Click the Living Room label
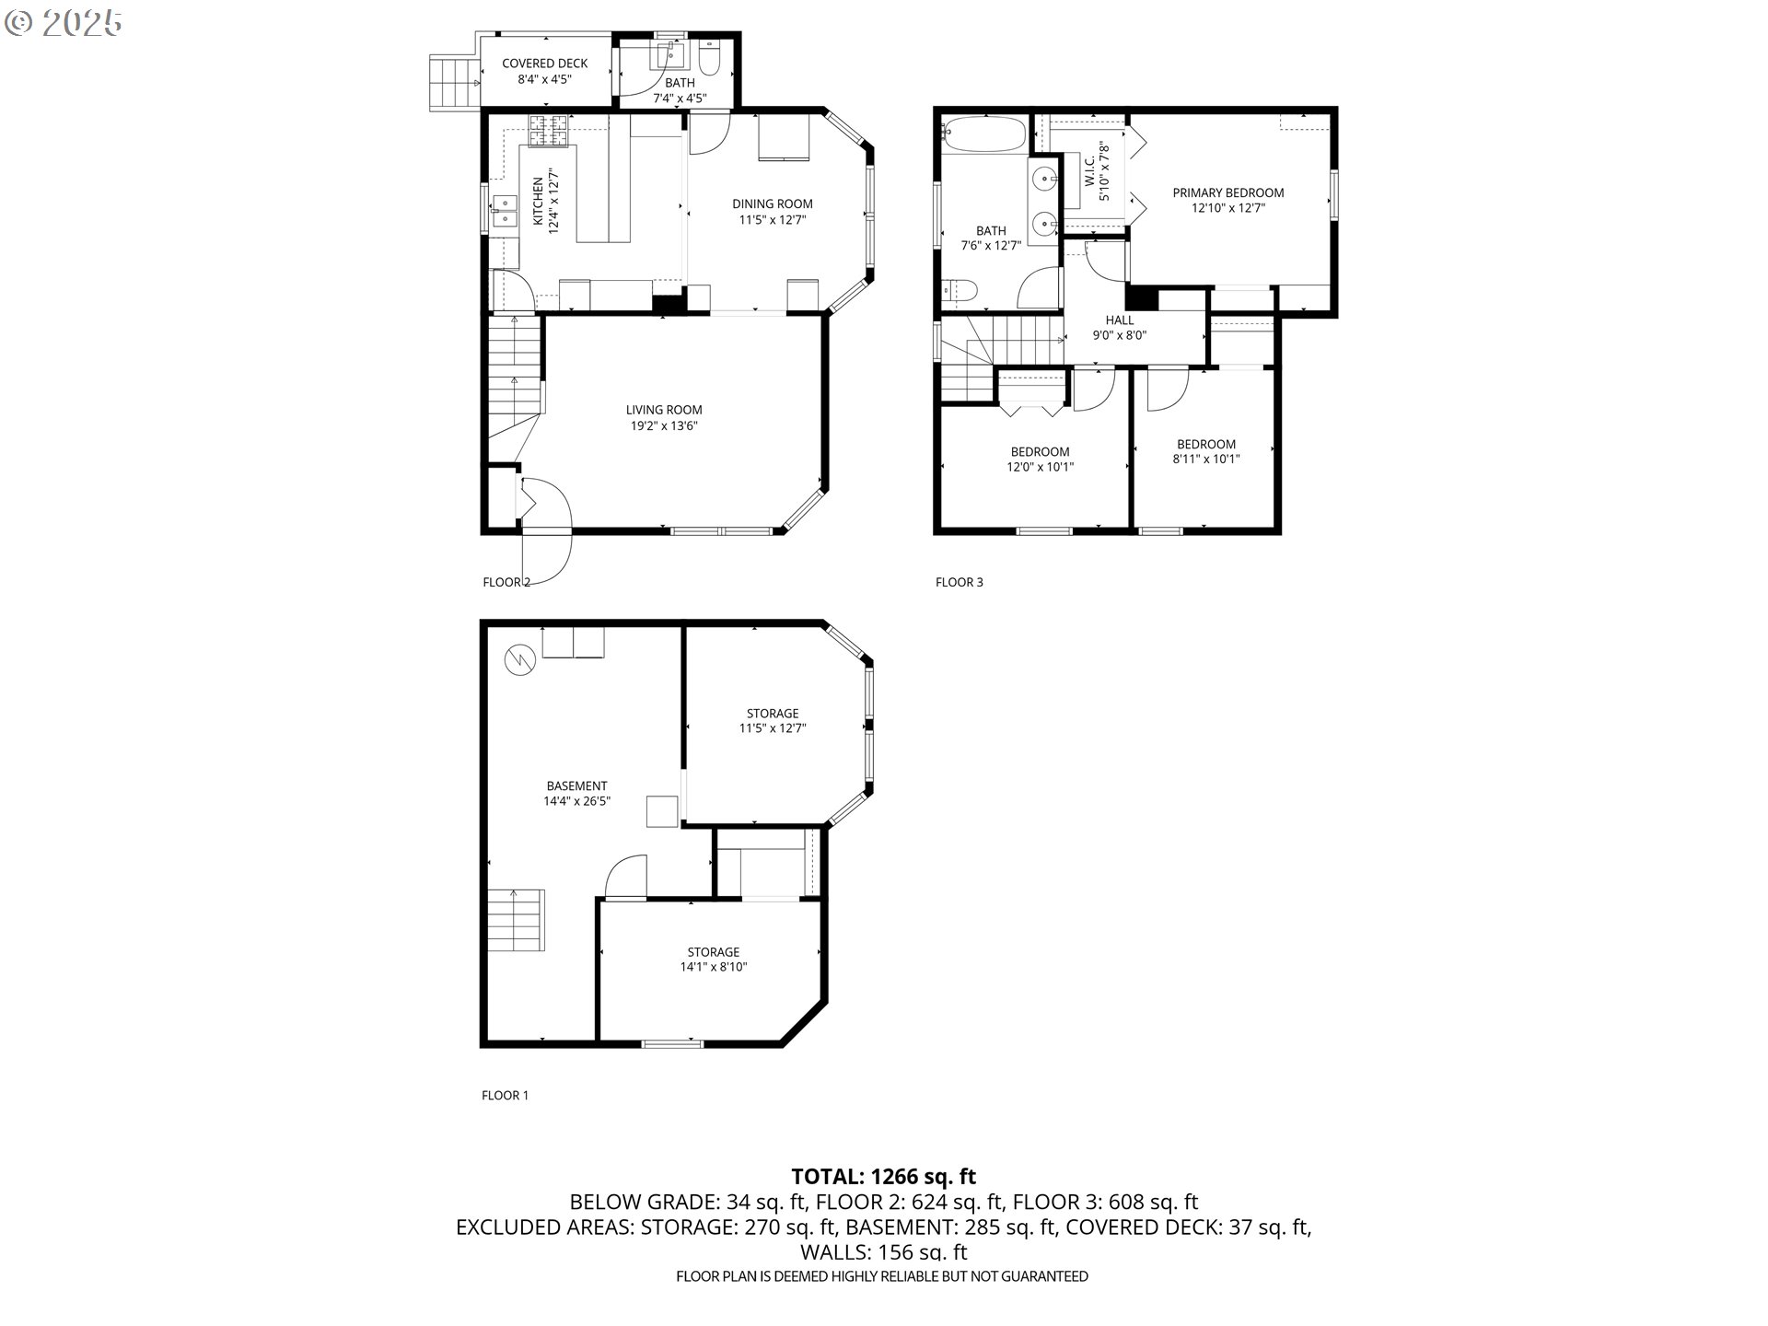663,410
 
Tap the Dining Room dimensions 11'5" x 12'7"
772,219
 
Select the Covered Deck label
544,64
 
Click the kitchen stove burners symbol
551,131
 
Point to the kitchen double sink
504,211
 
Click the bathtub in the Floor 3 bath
983,134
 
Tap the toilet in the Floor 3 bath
960,292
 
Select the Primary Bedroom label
1227,192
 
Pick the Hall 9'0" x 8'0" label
1119,328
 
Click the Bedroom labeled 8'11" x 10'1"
1205,451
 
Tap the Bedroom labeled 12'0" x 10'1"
1040,459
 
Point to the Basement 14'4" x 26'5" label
576,793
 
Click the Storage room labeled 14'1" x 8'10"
713,959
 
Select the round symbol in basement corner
518,659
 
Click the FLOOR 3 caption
959,582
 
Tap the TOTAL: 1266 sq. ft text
883,1176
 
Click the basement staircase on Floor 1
516,920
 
